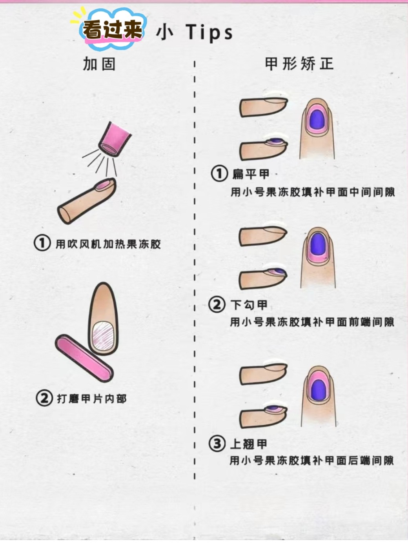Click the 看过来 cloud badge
point(112,29)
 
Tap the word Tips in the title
point(209,32)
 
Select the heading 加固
point(99,64)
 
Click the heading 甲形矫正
point(299,64)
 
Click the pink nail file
point(84,358)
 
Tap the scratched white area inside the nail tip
point(103,336)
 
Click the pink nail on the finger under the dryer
point(103,185)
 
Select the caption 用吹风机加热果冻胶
point(108,244)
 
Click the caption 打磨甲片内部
point(92,399)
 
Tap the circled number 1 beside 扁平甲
point(219,173)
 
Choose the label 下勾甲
point(249,305)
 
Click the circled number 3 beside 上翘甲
point(217,444)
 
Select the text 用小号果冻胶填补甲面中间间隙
point(313,192)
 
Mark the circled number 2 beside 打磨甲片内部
point(44,398)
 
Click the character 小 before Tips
point(165,32)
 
